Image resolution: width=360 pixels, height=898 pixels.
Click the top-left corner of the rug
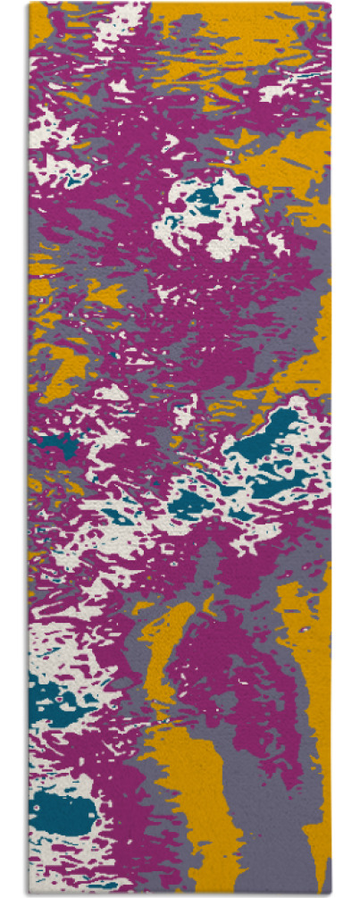click(29, 4)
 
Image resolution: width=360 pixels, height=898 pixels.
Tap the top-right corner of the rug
click(330, 4)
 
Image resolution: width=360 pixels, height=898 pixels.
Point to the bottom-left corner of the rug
click(29, 894)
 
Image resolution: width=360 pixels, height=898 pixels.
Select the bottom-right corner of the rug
click(330, 894)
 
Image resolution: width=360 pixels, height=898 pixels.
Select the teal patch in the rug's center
click(192, 505)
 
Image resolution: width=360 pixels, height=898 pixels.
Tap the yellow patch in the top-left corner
click(40, 27)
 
